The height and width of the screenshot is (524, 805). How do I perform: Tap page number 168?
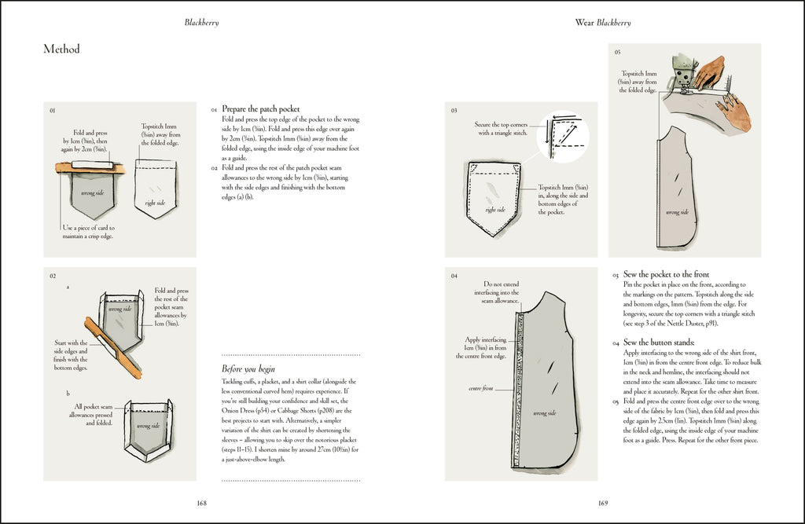point(201,504)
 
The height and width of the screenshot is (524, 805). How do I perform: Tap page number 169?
point(603,504)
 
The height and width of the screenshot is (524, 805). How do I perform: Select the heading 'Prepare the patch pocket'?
point(260,109)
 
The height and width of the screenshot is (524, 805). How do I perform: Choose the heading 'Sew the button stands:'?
point(658,343)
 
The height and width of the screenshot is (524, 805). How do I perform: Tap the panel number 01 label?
point(53,111)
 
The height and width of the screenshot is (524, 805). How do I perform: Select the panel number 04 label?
point(454,276)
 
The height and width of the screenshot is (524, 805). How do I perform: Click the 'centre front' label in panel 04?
point(480,389)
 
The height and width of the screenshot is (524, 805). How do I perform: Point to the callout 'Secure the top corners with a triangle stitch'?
point(502,128)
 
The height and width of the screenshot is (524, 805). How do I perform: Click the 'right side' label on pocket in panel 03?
point(495,210)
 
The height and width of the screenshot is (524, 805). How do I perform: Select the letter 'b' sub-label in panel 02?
point(68,393)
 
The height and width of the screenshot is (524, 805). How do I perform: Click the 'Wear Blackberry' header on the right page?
point(603,23)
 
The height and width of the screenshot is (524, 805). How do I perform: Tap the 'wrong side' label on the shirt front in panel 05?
point(678,212)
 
